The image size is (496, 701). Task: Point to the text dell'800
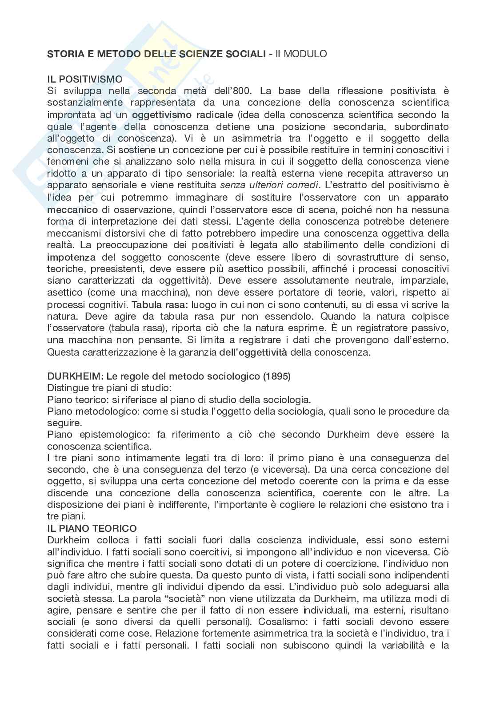click(230, 91)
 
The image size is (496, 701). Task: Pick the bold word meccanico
click(72, 209)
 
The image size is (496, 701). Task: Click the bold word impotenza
click(71, 257)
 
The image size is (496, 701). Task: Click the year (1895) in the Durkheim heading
click(276, 376)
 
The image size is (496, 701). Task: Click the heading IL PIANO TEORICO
click(92, 528)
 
